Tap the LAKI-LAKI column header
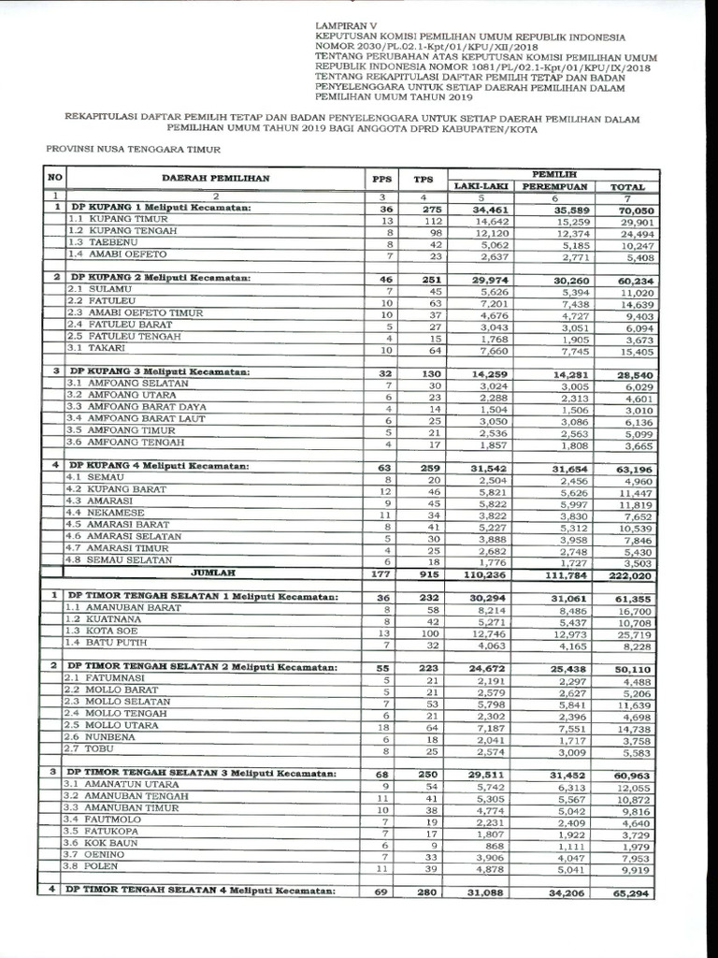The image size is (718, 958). click(x=480, y=186)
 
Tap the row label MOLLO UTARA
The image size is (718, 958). click(x=109, y=725)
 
